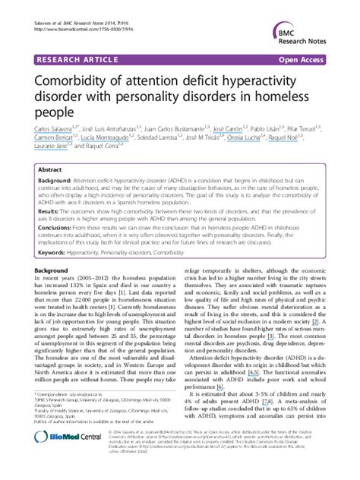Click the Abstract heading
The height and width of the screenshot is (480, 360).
pyautogui.click(x=51, y=171)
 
